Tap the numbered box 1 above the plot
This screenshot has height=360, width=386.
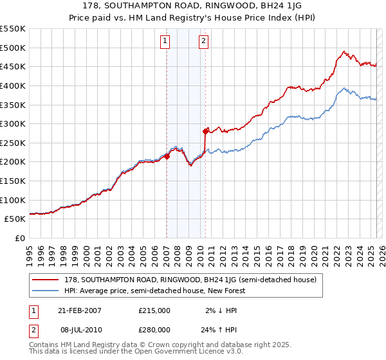coord(165,42)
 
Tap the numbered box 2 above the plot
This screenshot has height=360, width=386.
coord(203,42)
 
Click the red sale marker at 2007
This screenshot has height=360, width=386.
coord(167,156)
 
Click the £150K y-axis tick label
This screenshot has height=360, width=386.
coord(14,181)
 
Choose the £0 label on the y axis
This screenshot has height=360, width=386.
coord(19,238)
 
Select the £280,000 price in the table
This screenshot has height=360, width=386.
coord(154,329)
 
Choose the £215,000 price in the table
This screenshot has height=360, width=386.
coord(154,310)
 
